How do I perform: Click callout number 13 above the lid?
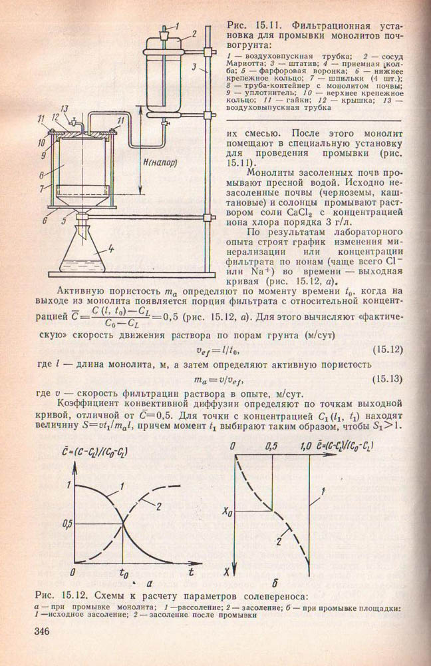click(64, 109)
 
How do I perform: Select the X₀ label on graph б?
click(228, 512)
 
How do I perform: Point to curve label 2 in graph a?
click(160, 507)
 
